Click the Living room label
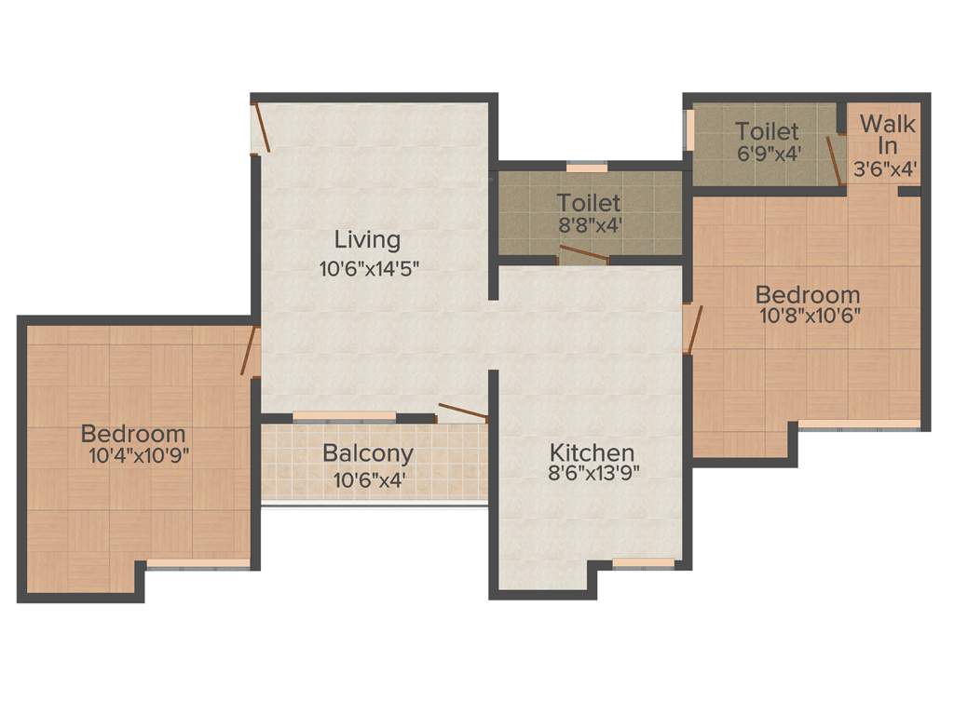click(x=367, y=240)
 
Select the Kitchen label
click(x=592, y=452)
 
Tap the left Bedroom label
click(x=132, y=434)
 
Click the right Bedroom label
click(x=807, y=295)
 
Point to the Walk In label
click(x=887, y=135)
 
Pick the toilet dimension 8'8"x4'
click(x=589, y=224)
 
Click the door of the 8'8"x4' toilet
click(x=581, y=255)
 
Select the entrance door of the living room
click(x=262, y=128)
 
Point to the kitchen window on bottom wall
click(x=644, y=562)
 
